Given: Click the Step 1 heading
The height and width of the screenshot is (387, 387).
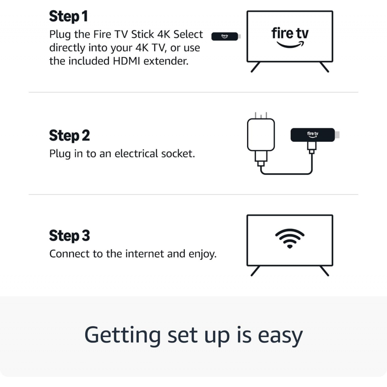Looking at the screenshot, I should (68, 16).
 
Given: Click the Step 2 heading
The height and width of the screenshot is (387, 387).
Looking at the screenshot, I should (69, 135).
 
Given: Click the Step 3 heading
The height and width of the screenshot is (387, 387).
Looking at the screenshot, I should (69, 236).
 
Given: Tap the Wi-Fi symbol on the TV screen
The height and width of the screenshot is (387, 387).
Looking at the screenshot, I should (290, 238).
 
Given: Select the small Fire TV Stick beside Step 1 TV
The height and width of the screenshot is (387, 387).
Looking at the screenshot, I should (225, 36).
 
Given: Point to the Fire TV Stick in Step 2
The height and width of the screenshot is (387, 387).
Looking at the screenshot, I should (313, 134).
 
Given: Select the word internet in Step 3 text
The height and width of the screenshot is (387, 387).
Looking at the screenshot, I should (145, 254).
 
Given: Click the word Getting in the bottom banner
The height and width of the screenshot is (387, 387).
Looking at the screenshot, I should (122, 335).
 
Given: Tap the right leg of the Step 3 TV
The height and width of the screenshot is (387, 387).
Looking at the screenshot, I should (324, 271).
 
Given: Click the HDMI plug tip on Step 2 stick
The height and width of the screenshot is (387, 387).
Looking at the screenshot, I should (338, 134).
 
